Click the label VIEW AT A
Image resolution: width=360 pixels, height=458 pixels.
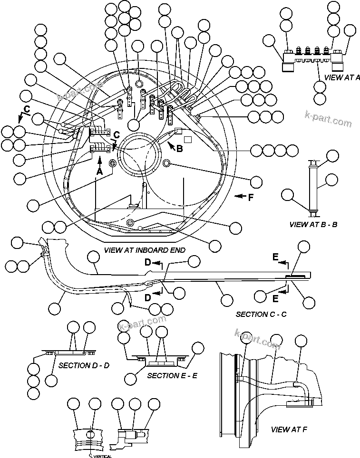341,77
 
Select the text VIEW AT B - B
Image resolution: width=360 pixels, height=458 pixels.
313,224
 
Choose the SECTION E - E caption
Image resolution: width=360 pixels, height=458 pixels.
172,375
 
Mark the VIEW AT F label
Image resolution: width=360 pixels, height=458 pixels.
289,429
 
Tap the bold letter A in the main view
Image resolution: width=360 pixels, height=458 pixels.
99,172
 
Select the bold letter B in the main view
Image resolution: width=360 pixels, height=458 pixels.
179,149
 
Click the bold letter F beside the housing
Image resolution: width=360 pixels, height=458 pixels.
251,197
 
